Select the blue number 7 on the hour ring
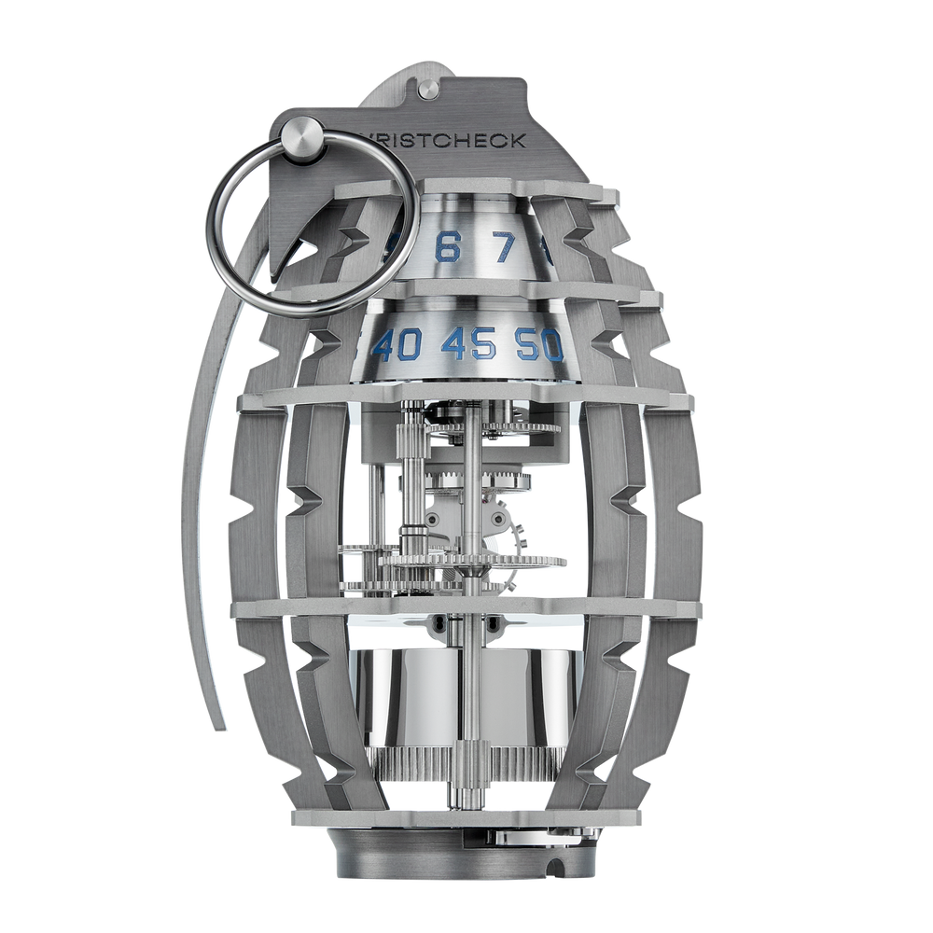pos(505,248)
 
